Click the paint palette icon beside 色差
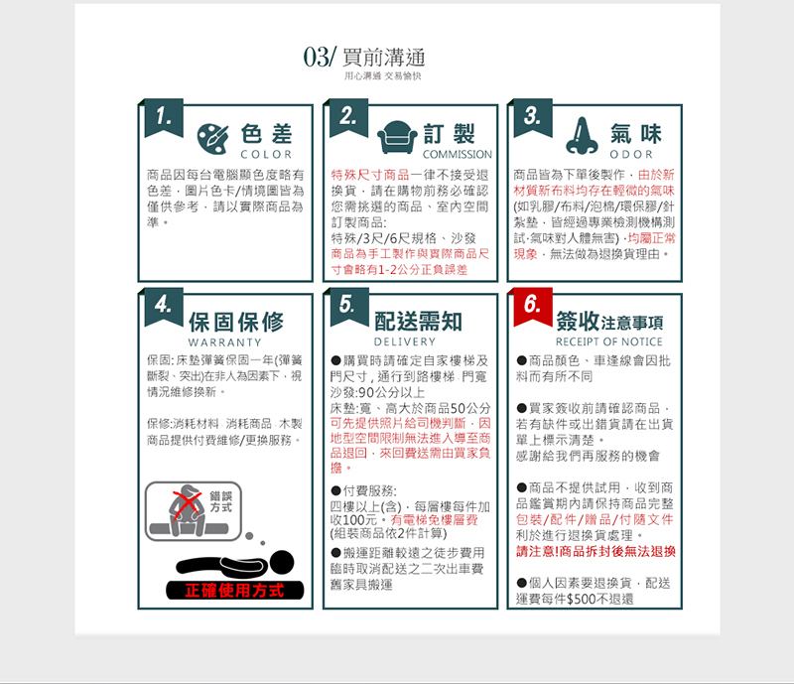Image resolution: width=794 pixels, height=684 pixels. (212, 138)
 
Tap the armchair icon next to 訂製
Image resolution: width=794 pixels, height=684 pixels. (398, 137)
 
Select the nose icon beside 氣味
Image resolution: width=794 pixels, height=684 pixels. (582, 136)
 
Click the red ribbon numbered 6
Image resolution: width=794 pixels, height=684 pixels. (533, 308)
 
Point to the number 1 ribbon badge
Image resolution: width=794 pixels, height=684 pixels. (164, 118)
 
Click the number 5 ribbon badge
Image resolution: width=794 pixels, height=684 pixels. (349, 308)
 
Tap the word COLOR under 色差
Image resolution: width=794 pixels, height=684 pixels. (266, 155)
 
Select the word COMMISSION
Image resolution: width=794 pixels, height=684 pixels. (458, 155)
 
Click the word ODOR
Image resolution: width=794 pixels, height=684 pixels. (631, 155)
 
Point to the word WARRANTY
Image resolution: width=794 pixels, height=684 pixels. (225, 342)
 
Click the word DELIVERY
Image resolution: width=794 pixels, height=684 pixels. (405, 342)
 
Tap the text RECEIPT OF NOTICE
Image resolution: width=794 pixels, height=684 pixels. (609, 342)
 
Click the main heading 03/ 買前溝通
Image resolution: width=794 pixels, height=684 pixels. (364, 57)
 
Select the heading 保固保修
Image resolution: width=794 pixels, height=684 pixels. (236, 322)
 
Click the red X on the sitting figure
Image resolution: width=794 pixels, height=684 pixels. (188, 503)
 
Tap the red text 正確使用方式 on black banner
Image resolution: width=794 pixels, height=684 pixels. (234, 591)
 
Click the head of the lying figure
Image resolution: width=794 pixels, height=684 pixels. (281, 563)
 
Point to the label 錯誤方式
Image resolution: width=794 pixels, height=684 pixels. (220, 501)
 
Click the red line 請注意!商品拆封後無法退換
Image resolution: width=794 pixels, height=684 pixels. (596, 551)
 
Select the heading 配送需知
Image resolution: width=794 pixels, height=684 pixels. (418, 322)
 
